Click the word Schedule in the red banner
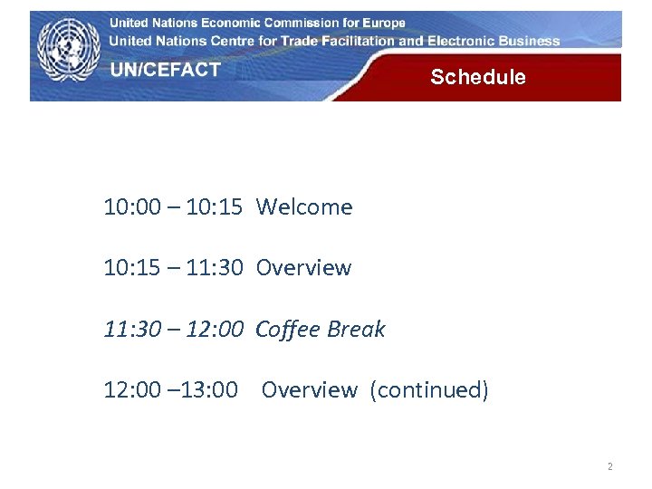click(477, 77)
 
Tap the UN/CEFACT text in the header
click(166, 70)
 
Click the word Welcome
click(304, 207)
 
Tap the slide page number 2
click(609, 467)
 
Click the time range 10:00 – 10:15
click(173, 207)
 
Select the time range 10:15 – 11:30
click(173, 268)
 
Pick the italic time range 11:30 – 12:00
click(173, 329)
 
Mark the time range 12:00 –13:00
click(171, 390)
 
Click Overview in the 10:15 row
click(303, 268)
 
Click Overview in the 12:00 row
click(309, 390)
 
